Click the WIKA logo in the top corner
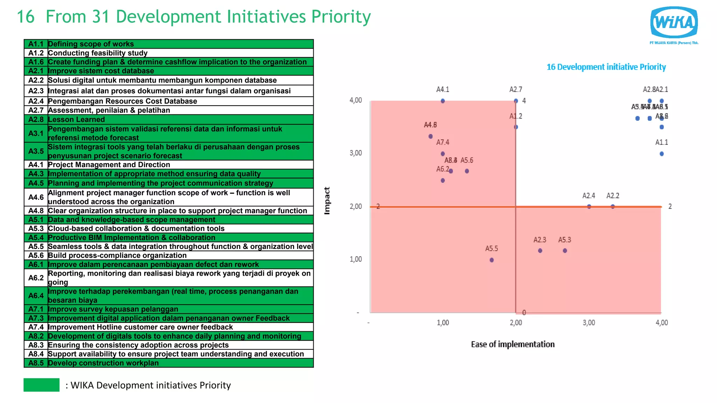click(x=674, y=23)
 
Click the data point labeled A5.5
click(x=492, y=260)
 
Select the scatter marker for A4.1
click(x=443, y=101)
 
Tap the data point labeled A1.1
click(x=662, y=154)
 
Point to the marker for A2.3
click(x=540, y=250)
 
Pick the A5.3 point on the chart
click(x=565, y=250)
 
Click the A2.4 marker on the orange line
click(x=589, y=206)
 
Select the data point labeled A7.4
click(x=443, y=154)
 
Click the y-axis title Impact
click(x=327, y=200)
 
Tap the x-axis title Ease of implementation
click(x=513, y=344)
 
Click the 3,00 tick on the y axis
click(x=356, y=153)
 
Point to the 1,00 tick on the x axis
click(x=443, y=323)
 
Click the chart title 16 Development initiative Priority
click(x=606, y=67)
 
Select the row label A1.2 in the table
click(x=36, y=53)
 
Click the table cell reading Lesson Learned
click(x=76, y=119)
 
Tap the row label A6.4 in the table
click(x=36, y=296)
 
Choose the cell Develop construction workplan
click(x=103, y=363)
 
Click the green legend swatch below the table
click(x=41, y=385)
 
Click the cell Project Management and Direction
click(x=109, y=164)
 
